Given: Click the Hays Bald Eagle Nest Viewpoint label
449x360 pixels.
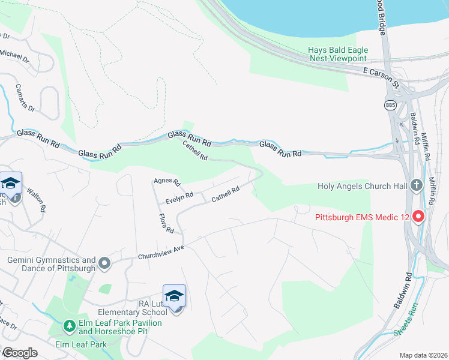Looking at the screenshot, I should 337,54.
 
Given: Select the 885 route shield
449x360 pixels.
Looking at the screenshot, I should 391,105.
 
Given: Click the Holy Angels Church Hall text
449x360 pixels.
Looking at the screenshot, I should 363,186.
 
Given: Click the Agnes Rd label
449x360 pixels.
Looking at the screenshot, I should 167,181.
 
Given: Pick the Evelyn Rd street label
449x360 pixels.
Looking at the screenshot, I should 180,196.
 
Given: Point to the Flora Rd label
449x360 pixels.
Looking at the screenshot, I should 166,223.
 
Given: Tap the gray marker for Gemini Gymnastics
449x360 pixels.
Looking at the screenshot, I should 105,263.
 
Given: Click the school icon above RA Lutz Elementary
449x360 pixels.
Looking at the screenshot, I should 174,296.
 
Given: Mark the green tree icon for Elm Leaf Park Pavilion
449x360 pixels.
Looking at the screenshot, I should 70,326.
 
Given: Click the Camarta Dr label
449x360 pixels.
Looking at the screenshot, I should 26,97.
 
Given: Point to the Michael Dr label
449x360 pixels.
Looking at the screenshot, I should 14,56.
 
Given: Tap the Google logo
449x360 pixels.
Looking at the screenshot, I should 19,353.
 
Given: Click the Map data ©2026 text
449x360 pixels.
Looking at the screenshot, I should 423,355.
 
